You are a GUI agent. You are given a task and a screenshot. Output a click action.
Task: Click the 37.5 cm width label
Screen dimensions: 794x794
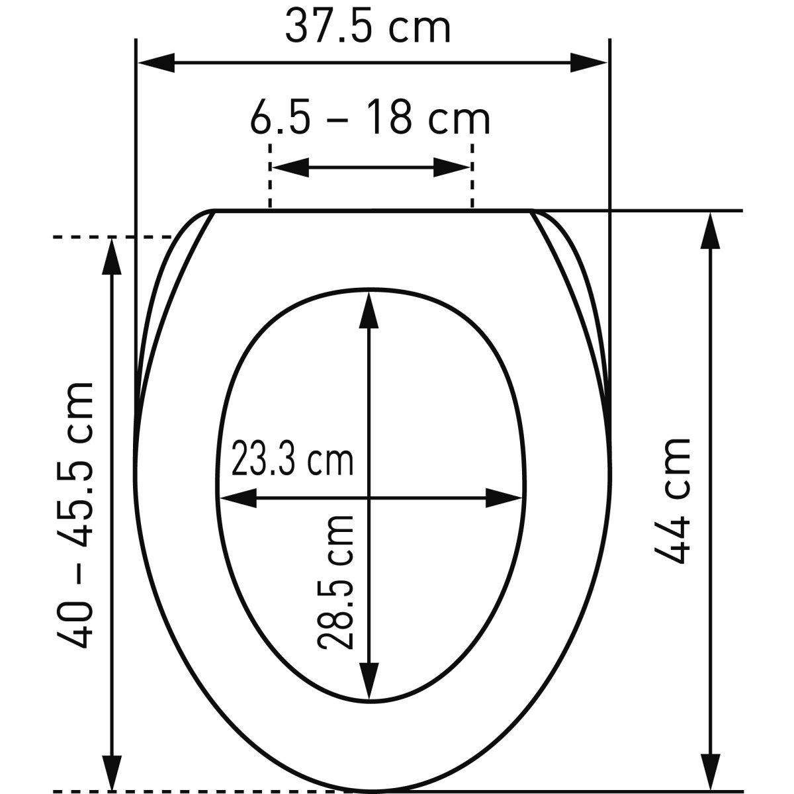pyautogui.click(x=368, y=28)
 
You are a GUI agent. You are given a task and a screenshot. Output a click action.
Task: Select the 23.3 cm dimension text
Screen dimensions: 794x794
pyautogui.click(x=292, y=458)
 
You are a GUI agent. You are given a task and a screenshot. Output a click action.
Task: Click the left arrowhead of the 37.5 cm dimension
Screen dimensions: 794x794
pyautogui.click(x=157, y=63)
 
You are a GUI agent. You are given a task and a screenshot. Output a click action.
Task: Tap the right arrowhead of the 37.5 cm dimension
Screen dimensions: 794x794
pyautogui.click(x=588, y=63)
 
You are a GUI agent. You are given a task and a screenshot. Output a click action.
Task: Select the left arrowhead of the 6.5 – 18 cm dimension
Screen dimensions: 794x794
pyautogui.click(x=290, y=167)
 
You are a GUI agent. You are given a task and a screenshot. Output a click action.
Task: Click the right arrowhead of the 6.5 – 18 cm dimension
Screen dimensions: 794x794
pyautogui.click(x=452, y=167)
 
